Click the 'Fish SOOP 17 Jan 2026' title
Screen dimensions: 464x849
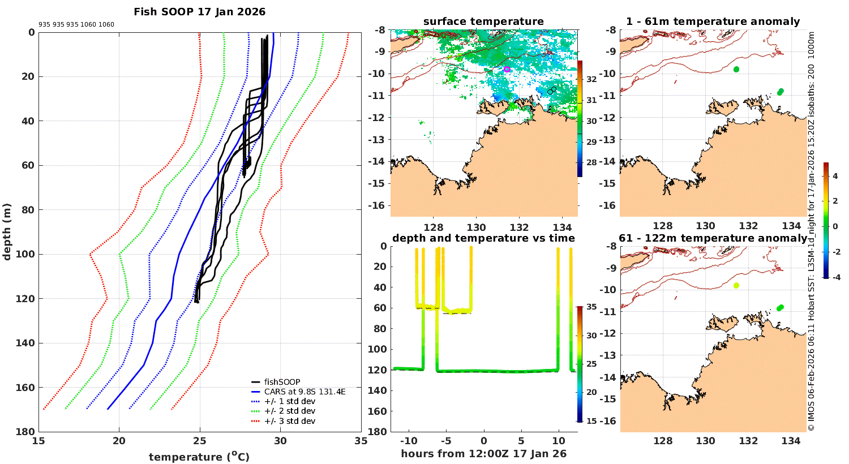[199, 12]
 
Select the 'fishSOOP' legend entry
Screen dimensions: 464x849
[282, 382]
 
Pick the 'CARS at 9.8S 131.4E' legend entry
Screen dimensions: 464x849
[305, 392]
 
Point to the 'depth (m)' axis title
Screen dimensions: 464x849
[7, 231]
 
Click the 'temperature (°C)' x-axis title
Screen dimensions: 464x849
[199, 457]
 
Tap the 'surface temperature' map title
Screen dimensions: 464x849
[483, 22]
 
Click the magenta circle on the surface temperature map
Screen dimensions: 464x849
[507, 69]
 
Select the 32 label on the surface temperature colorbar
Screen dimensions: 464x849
[591, 79]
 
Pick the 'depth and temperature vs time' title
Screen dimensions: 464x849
[483, 238]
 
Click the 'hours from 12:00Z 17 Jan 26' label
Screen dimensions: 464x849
[483, 453]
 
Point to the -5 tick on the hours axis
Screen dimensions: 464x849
[445, 441]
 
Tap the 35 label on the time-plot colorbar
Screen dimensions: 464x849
[591, 307]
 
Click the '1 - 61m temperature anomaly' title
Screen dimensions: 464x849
[713, 22]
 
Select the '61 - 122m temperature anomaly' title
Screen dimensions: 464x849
[713, 238]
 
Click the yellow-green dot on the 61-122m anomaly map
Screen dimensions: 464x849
[736, 286]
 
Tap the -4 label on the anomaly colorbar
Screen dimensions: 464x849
[835, 277]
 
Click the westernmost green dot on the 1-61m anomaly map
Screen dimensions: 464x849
[736, 69]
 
